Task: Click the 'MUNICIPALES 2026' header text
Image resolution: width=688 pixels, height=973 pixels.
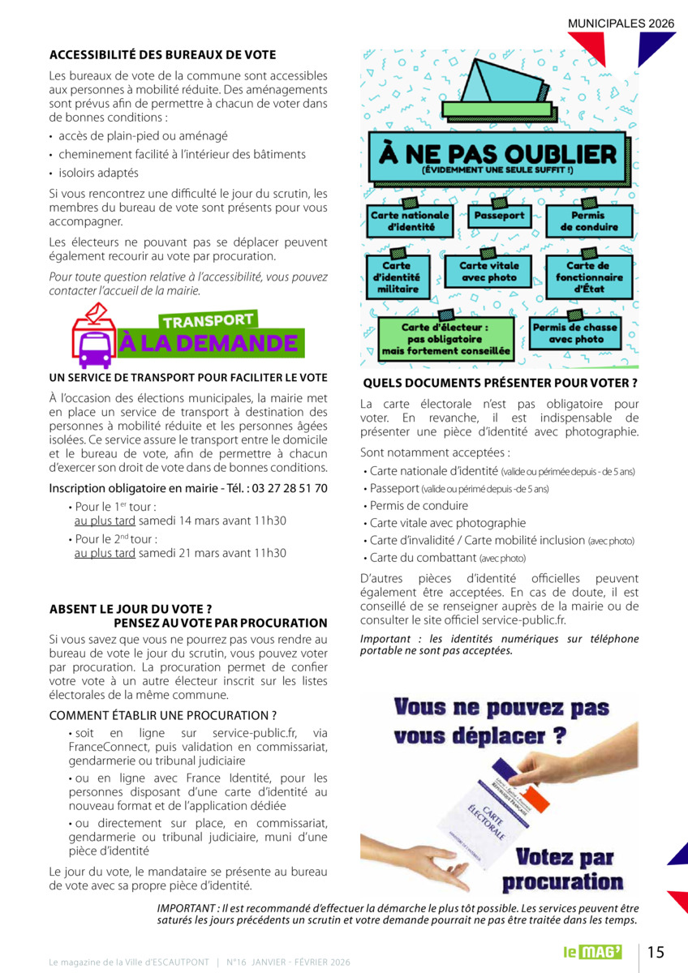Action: coord(621,24)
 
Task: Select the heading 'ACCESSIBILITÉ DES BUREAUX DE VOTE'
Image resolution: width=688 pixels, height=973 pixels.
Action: coord(162,55)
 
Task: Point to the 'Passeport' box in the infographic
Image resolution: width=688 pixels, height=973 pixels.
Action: coord(499,216)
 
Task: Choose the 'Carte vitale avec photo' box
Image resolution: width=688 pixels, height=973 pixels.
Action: coord(488,272)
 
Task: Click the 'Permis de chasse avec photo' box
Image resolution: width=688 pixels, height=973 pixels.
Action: coord(574,333)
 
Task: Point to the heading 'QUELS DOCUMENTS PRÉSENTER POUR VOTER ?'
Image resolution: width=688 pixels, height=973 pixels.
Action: coord(500,383)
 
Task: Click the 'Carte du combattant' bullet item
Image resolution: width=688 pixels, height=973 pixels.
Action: coord(447,558)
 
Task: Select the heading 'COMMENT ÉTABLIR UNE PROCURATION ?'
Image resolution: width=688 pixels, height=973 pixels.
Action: coord(163,715)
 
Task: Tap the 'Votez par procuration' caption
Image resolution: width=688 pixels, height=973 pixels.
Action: coord(564,869)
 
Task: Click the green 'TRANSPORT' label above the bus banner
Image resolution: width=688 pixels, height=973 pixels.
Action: coord(209,321)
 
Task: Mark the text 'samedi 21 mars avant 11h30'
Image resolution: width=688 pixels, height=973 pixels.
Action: coord(213,553)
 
